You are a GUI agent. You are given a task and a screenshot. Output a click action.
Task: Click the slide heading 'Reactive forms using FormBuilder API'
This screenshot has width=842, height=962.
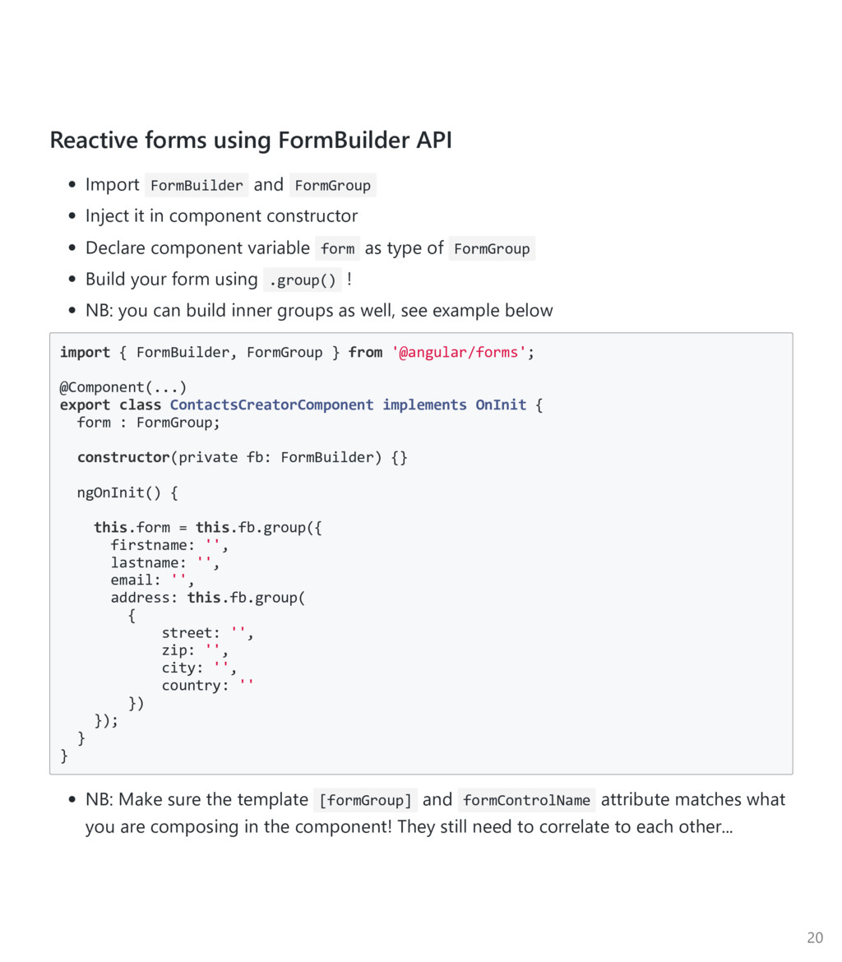click(251, 141)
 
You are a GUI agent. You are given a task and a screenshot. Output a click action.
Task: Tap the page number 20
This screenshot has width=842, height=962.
click(815, 938)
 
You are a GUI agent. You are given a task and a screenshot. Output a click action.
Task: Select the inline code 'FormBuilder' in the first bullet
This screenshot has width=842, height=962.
click(197, 186)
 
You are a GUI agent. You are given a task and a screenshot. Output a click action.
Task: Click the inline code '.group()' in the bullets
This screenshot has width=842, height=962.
click(303, 280)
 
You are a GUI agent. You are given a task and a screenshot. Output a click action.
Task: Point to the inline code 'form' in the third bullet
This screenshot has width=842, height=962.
click(337, 249)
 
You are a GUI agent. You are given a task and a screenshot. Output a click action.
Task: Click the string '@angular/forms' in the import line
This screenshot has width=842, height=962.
click(459, 353)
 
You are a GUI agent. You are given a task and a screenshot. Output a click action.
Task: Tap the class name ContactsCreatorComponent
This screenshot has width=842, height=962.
click(271, 405)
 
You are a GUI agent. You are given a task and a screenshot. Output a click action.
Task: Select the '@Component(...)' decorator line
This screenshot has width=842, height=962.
click(123, 387)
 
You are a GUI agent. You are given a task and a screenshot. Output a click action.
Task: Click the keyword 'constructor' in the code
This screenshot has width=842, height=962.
click(123, 458)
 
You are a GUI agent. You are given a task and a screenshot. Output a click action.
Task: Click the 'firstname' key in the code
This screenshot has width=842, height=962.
click(149, 546)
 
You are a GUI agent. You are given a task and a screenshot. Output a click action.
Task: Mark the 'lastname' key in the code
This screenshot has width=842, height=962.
click(145, 563)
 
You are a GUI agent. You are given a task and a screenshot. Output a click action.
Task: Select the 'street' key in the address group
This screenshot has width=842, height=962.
click(187, 633)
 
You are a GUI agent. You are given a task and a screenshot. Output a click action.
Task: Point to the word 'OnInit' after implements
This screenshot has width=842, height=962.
click(501, 405)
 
